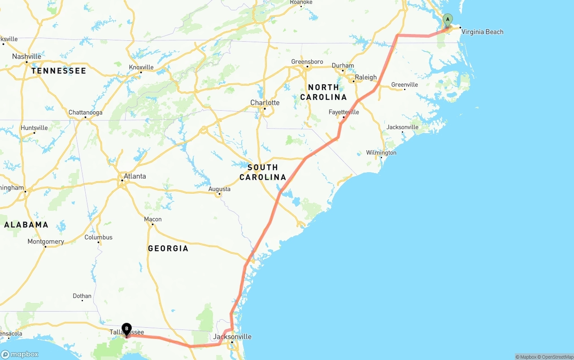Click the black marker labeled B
pos(127,329)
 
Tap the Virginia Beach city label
pos(482,32)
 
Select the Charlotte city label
pos(265,103)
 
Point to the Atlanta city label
pos(135,176)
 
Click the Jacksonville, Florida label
pos(232,337)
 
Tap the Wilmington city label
pos(381,152)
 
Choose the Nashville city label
pos(26,56)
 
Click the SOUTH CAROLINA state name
pos(263,172)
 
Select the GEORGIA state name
pos(168,248)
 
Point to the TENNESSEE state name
pos(58,71)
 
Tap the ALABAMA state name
pos(26,225)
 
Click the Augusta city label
pos(219,189)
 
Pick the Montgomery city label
pos(46,242)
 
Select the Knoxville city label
pos(141,67)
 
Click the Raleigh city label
pos(365,77)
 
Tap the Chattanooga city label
pos(85,113)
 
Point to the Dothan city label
pos(82,296)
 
